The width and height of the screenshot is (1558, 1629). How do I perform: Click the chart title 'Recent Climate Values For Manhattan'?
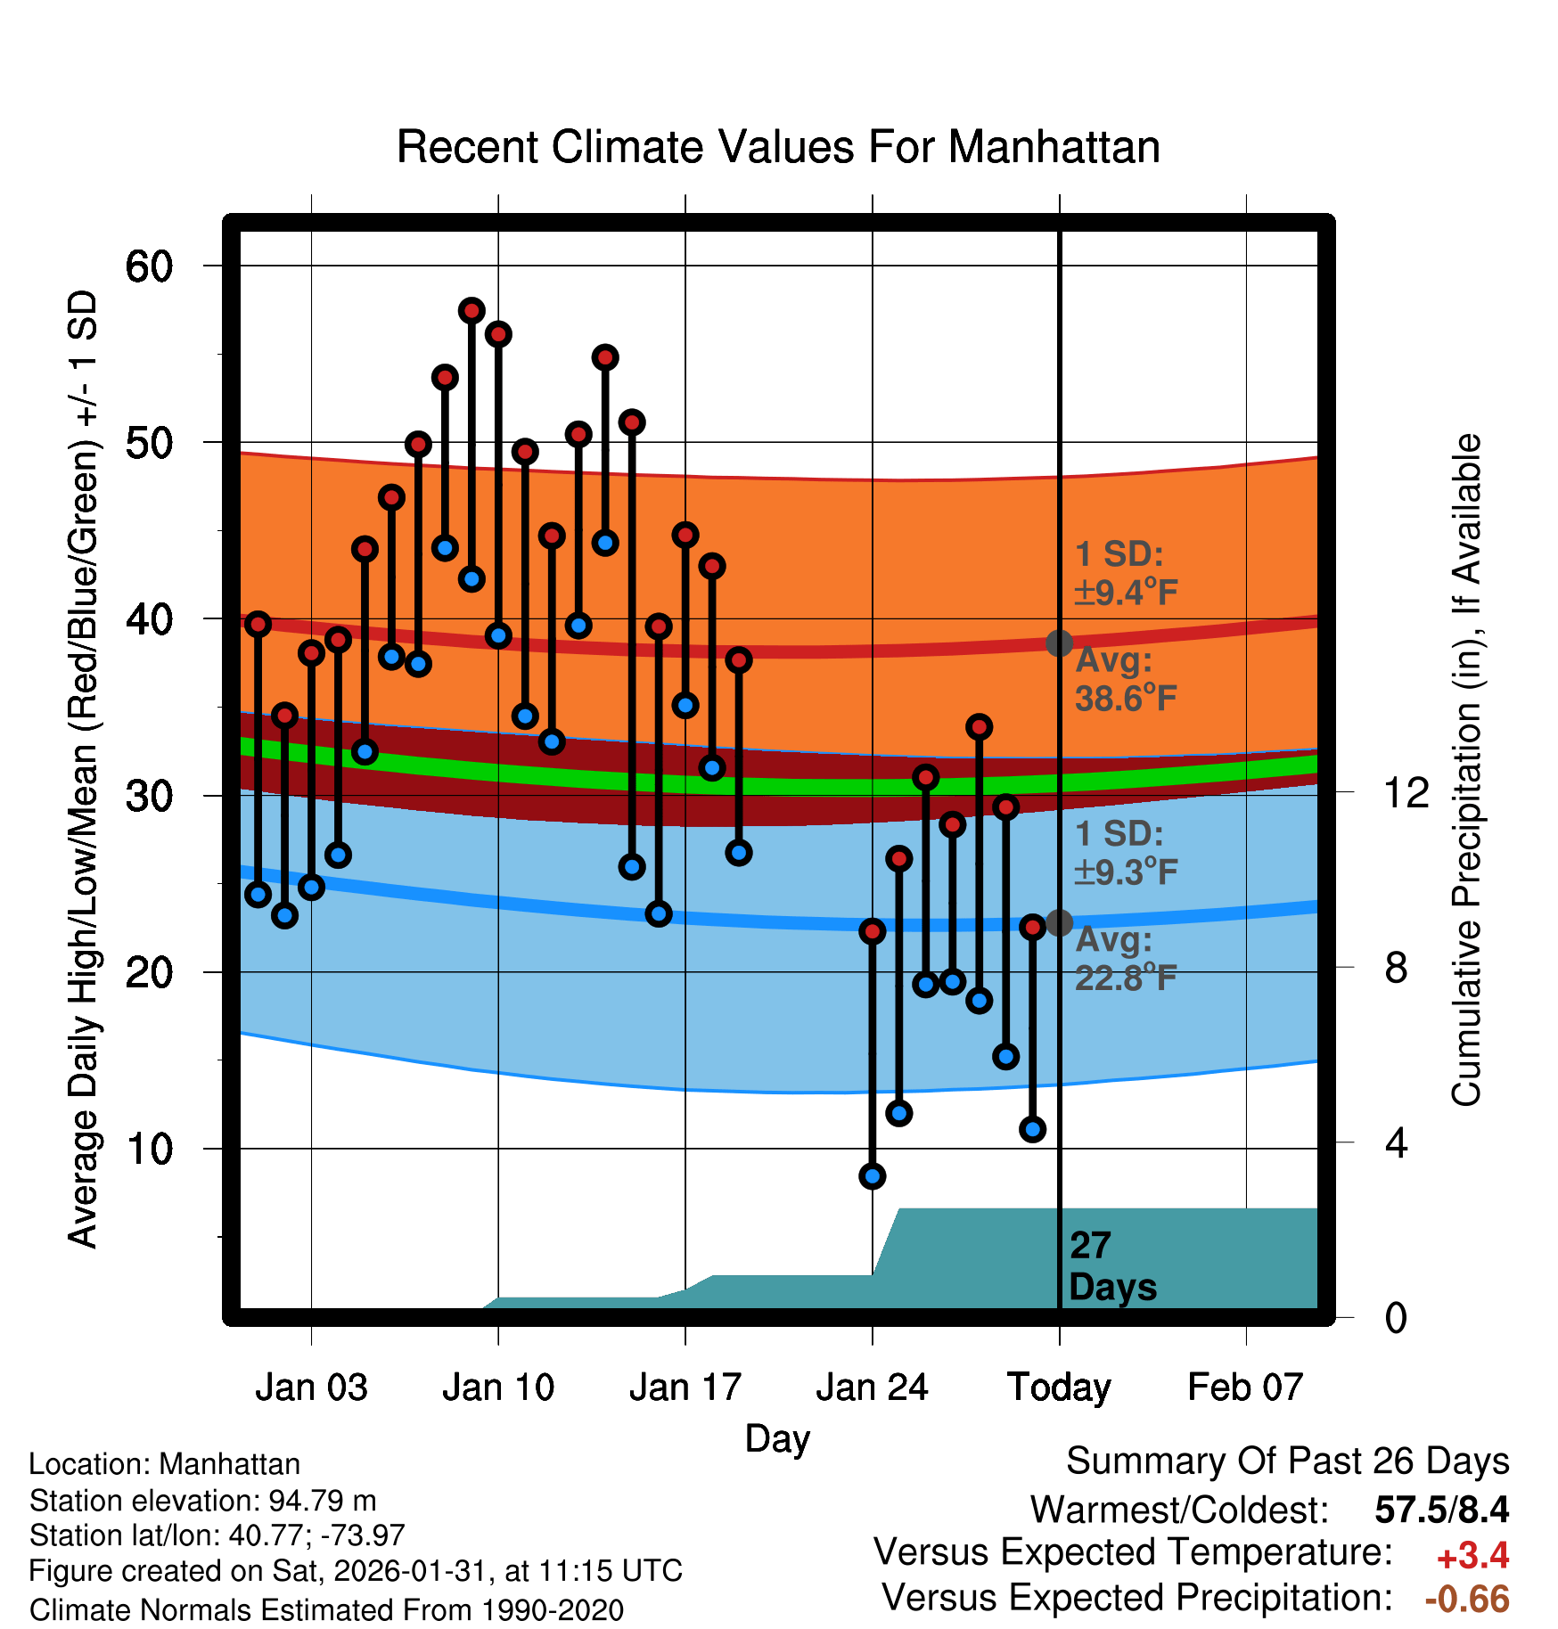777,147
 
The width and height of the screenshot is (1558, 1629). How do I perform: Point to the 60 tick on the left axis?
149,266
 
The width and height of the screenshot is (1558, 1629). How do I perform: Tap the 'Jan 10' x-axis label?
497,1388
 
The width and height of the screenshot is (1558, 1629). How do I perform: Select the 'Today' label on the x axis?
1059,1388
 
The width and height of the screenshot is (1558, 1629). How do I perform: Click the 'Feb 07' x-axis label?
1245,1388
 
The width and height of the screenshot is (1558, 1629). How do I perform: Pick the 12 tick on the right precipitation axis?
1406,792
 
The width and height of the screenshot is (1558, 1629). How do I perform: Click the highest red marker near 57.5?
471,310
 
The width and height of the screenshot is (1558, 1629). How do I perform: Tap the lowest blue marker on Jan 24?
872,1176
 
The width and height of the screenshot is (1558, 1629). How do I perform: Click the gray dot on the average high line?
1059,643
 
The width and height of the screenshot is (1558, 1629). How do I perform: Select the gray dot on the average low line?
1059,922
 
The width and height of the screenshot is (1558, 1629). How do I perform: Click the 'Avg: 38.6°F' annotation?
1125,680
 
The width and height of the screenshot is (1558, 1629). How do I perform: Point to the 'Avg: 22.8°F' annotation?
1125,960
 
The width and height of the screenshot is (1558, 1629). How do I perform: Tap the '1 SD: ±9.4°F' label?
1125,573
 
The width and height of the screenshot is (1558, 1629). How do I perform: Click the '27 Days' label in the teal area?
1111,1266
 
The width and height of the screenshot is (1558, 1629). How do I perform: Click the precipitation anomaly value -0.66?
1467,1600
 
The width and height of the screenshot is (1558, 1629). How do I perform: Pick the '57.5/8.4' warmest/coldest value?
1441,1510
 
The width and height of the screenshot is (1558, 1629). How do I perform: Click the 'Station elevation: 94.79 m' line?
202,1501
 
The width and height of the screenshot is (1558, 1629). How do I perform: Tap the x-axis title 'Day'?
777,1438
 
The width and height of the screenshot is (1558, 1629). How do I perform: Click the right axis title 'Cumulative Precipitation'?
1466,771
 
